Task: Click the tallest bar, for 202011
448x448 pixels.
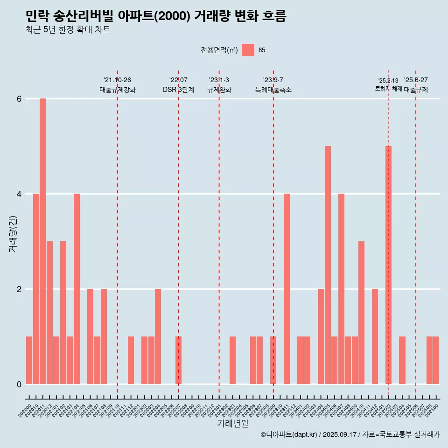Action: coord(42,241)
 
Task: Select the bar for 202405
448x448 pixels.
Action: coord(328,265)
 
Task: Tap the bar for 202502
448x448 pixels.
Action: coord(388,265)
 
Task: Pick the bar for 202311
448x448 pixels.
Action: coord(287,289)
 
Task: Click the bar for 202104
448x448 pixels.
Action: coord(77,289)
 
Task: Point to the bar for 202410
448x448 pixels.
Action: coord(361,313)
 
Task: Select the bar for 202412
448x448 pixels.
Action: coord(375,336)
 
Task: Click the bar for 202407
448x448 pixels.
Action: coord(341,289)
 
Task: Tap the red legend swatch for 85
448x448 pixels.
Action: coord(248,50)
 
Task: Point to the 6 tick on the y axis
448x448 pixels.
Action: coord(19,99)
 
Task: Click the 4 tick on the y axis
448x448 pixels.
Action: coord(19,194)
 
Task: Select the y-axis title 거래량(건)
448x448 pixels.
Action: coord(13,233)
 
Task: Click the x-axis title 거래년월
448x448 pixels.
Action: coord(232,423)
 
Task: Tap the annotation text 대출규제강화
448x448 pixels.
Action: coord(118,90)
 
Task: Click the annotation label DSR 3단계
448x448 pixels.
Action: coord(178,90)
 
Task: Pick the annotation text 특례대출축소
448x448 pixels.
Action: coord(273,90)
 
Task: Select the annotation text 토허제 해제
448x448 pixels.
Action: coord(388,89)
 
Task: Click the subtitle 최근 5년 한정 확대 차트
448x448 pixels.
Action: coord(68,30)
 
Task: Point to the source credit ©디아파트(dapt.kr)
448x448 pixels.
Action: coord(289,434)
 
